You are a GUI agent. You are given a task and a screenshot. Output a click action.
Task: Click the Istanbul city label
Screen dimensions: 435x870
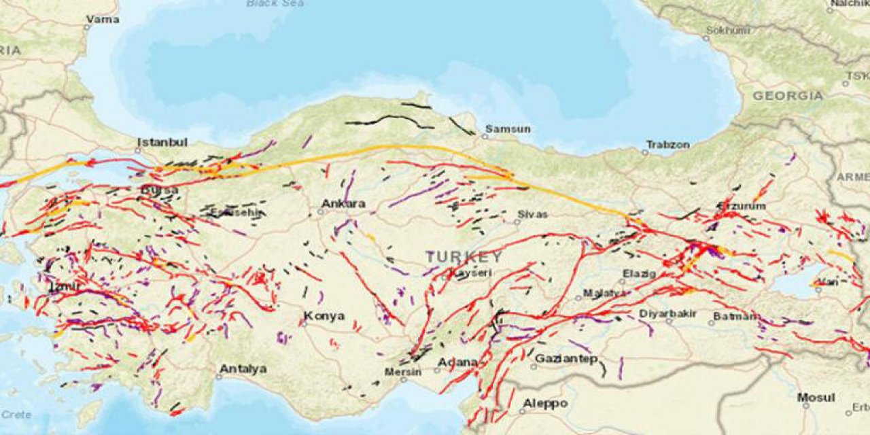pos(162,143)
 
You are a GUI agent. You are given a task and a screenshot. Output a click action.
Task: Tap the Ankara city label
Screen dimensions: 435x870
pos(343,203)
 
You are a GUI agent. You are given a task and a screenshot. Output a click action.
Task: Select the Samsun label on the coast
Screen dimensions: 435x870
pos(508,129)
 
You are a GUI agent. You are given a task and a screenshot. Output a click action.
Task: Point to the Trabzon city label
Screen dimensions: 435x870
pos(667,145)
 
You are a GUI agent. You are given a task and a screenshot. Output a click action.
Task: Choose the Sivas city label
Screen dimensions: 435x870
pos(532,214)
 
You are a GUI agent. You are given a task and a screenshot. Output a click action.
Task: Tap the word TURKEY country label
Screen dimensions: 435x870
pos(465,257)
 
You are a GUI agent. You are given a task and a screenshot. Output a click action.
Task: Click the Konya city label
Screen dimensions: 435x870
pos(324,316)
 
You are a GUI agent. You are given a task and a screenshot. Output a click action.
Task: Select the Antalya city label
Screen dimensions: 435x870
pos(242,369)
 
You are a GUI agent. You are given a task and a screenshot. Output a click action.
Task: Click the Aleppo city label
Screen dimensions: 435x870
pos(544,404)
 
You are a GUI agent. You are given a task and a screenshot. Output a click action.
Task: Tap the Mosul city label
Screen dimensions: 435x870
pos(816,398)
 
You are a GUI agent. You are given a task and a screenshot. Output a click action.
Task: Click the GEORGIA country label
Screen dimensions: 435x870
pos(787,97)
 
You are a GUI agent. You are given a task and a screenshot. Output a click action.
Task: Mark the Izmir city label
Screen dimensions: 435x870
pos(65,288)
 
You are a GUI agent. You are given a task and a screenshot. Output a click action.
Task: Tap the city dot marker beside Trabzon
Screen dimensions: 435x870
pos(644,151)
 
